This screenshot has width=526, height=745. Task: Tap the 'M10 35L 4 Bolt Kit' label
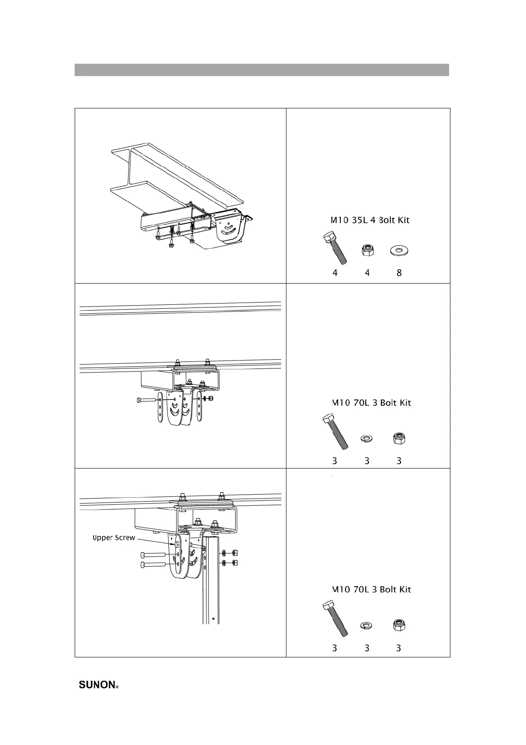click(x=370, y=220)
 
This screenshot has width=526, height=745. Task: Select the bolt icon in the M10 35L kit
click(x=335, y=247)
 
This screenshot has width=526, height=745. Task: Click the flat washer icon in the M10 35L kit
click(x=399, y=251)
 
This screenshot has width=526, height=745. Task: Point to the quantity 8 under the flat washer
click(x=399, y=273)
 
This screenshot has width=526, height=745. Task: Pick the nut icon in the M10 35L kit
click(x=367, y=251)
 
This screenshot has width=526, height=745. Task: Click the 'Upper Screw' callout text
click(x=114, y=538)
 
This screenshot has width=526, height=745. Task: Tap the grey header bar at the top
click(x=262, y=70)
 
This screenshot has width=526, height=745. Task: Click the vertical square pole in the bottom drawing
click(x=211, y=584)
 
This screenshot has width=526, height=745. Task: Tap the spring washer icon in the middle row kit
click(x=367, y=438)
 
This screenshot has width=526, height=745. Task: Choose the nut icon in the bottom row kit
click(x=399, y=625)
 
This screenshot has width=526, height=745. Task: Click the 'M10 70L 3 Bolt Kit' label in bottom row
click(x=371, y=589)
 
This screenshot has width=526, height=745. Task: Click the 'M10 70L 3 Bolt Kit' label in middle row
click(x=371, y=403)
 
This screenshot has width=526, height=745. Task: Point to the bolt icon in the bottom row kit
click(x=335, y=618)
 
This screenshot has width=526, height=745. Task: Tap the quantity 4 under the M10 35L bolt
click(x=335, y=273)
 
